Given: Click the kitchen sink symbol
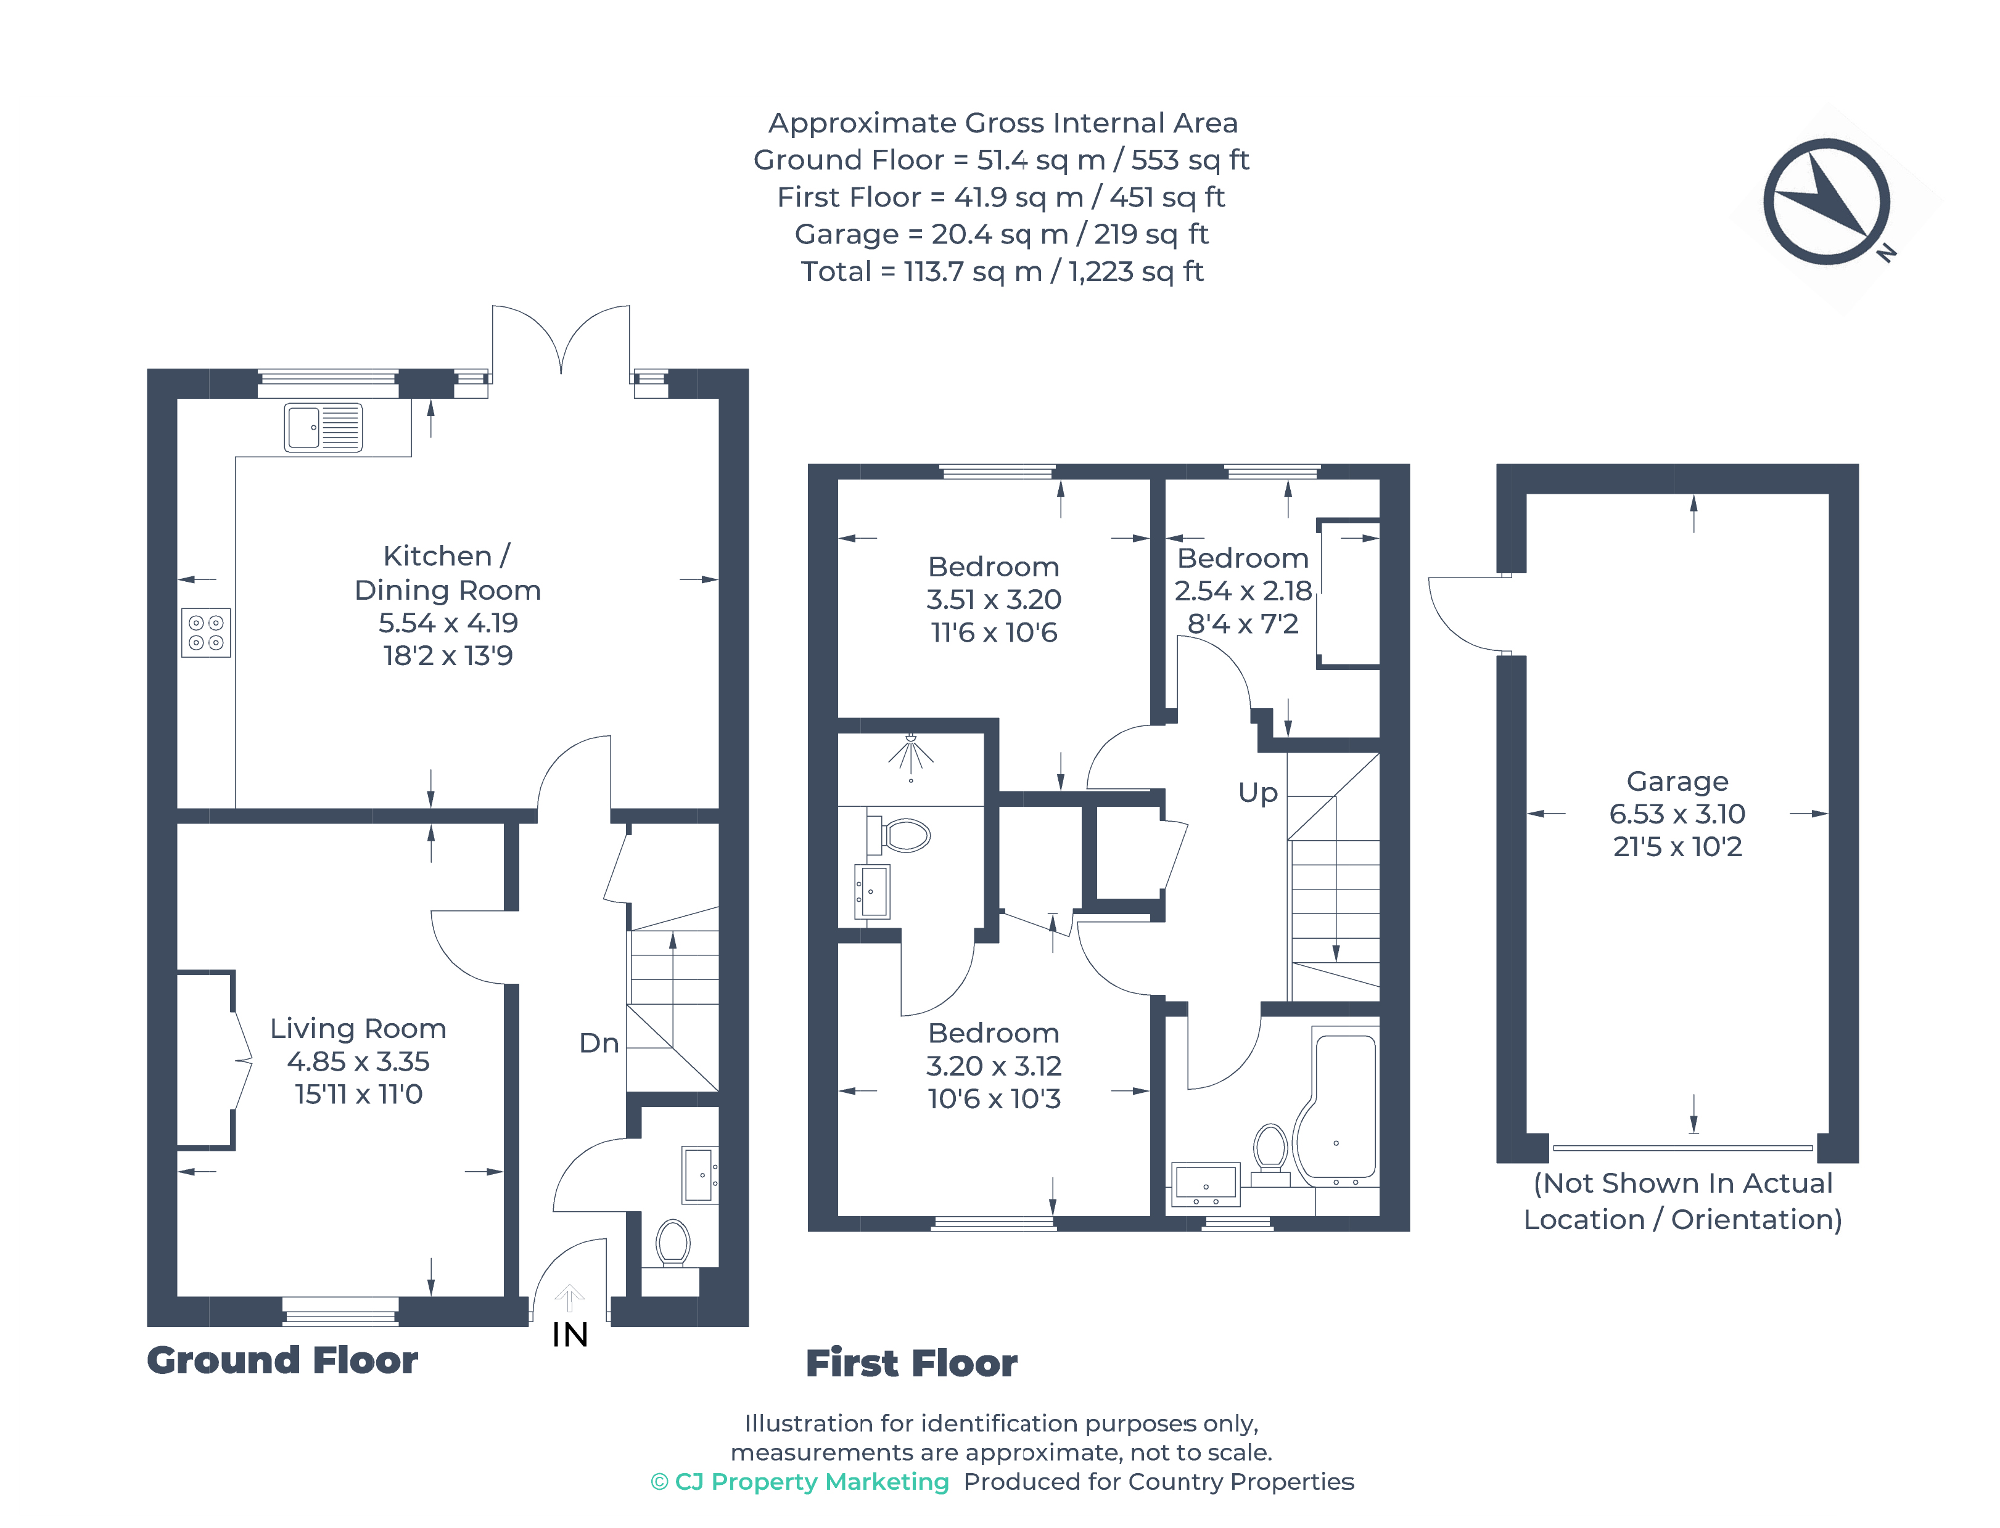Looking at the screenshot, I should [x=323, y=428].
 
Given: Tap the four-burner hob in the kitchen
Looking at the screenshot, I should [x=205, y=632].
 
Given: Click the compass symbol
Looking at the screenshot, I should [x=1825, y=202].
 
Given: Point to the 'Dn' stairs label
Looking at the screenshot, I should [x=599, y=1044].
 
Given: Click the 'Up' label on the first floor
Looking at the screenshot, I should [x=1257, y=792].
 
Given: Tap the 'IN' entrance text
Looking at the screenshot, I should [x=570, y=1334].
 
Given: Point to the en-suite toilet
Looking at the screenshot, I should [x=902, y=834].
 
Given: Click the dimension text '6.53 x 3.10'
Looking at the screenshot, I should [x=1676, y=814].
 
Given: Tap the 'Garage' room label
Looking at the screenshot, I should [x=1676, y=782].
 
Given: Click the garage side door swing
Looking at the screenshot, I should [x=1465, y=614].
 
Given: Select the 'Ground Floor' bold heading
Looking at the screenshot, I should [x=282, y=1360].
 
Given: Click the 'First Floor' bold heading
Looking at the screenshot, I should [x=911, y=1363].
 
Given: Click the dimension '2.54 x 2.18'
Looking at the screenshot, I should [x=1242, y=591].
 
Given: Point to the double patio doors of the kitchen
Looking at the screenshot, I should [x=561, y=341].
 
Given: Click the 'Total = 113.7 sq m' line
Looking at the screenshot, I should [x=1001, y=271].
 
